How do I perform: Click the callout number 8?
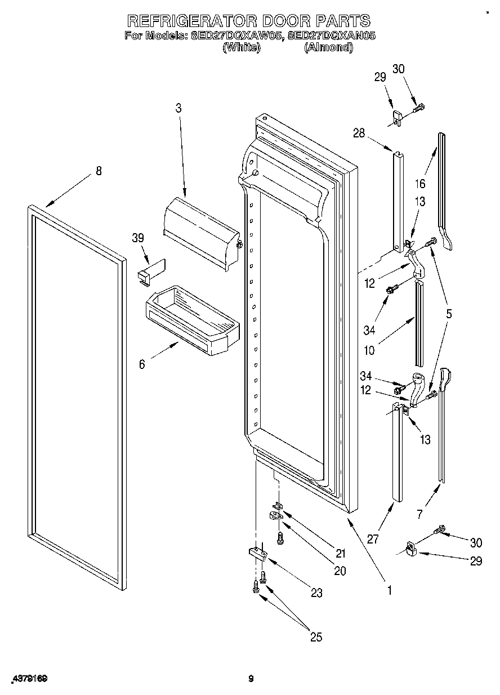click(x=99, y=171)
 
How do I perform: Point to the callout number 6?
click(x=142, y=364)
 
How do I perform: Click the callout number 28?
click(x=359, y=133)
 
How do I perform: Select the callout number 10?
click(x=369, y=350)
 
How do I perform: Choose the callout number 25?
click(x=316, y=637)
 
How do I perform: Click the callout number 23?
click(x=316, y=592)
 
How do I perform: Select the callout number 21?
click(x=341, y=553)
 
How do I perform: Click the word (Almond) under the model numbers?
click(x=328, y=48)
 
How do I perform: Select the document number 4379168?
click(x=28, y=679)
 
